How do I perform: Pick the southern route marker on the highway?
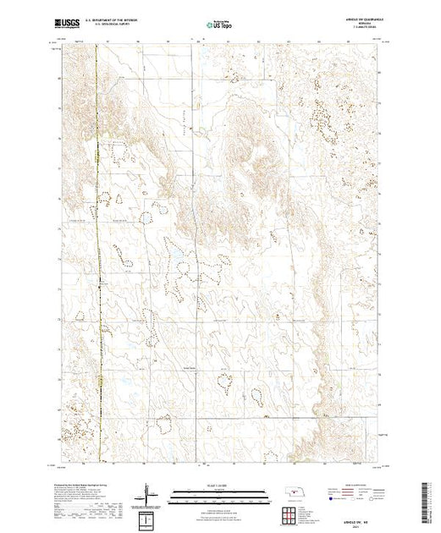click(100, 383)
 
